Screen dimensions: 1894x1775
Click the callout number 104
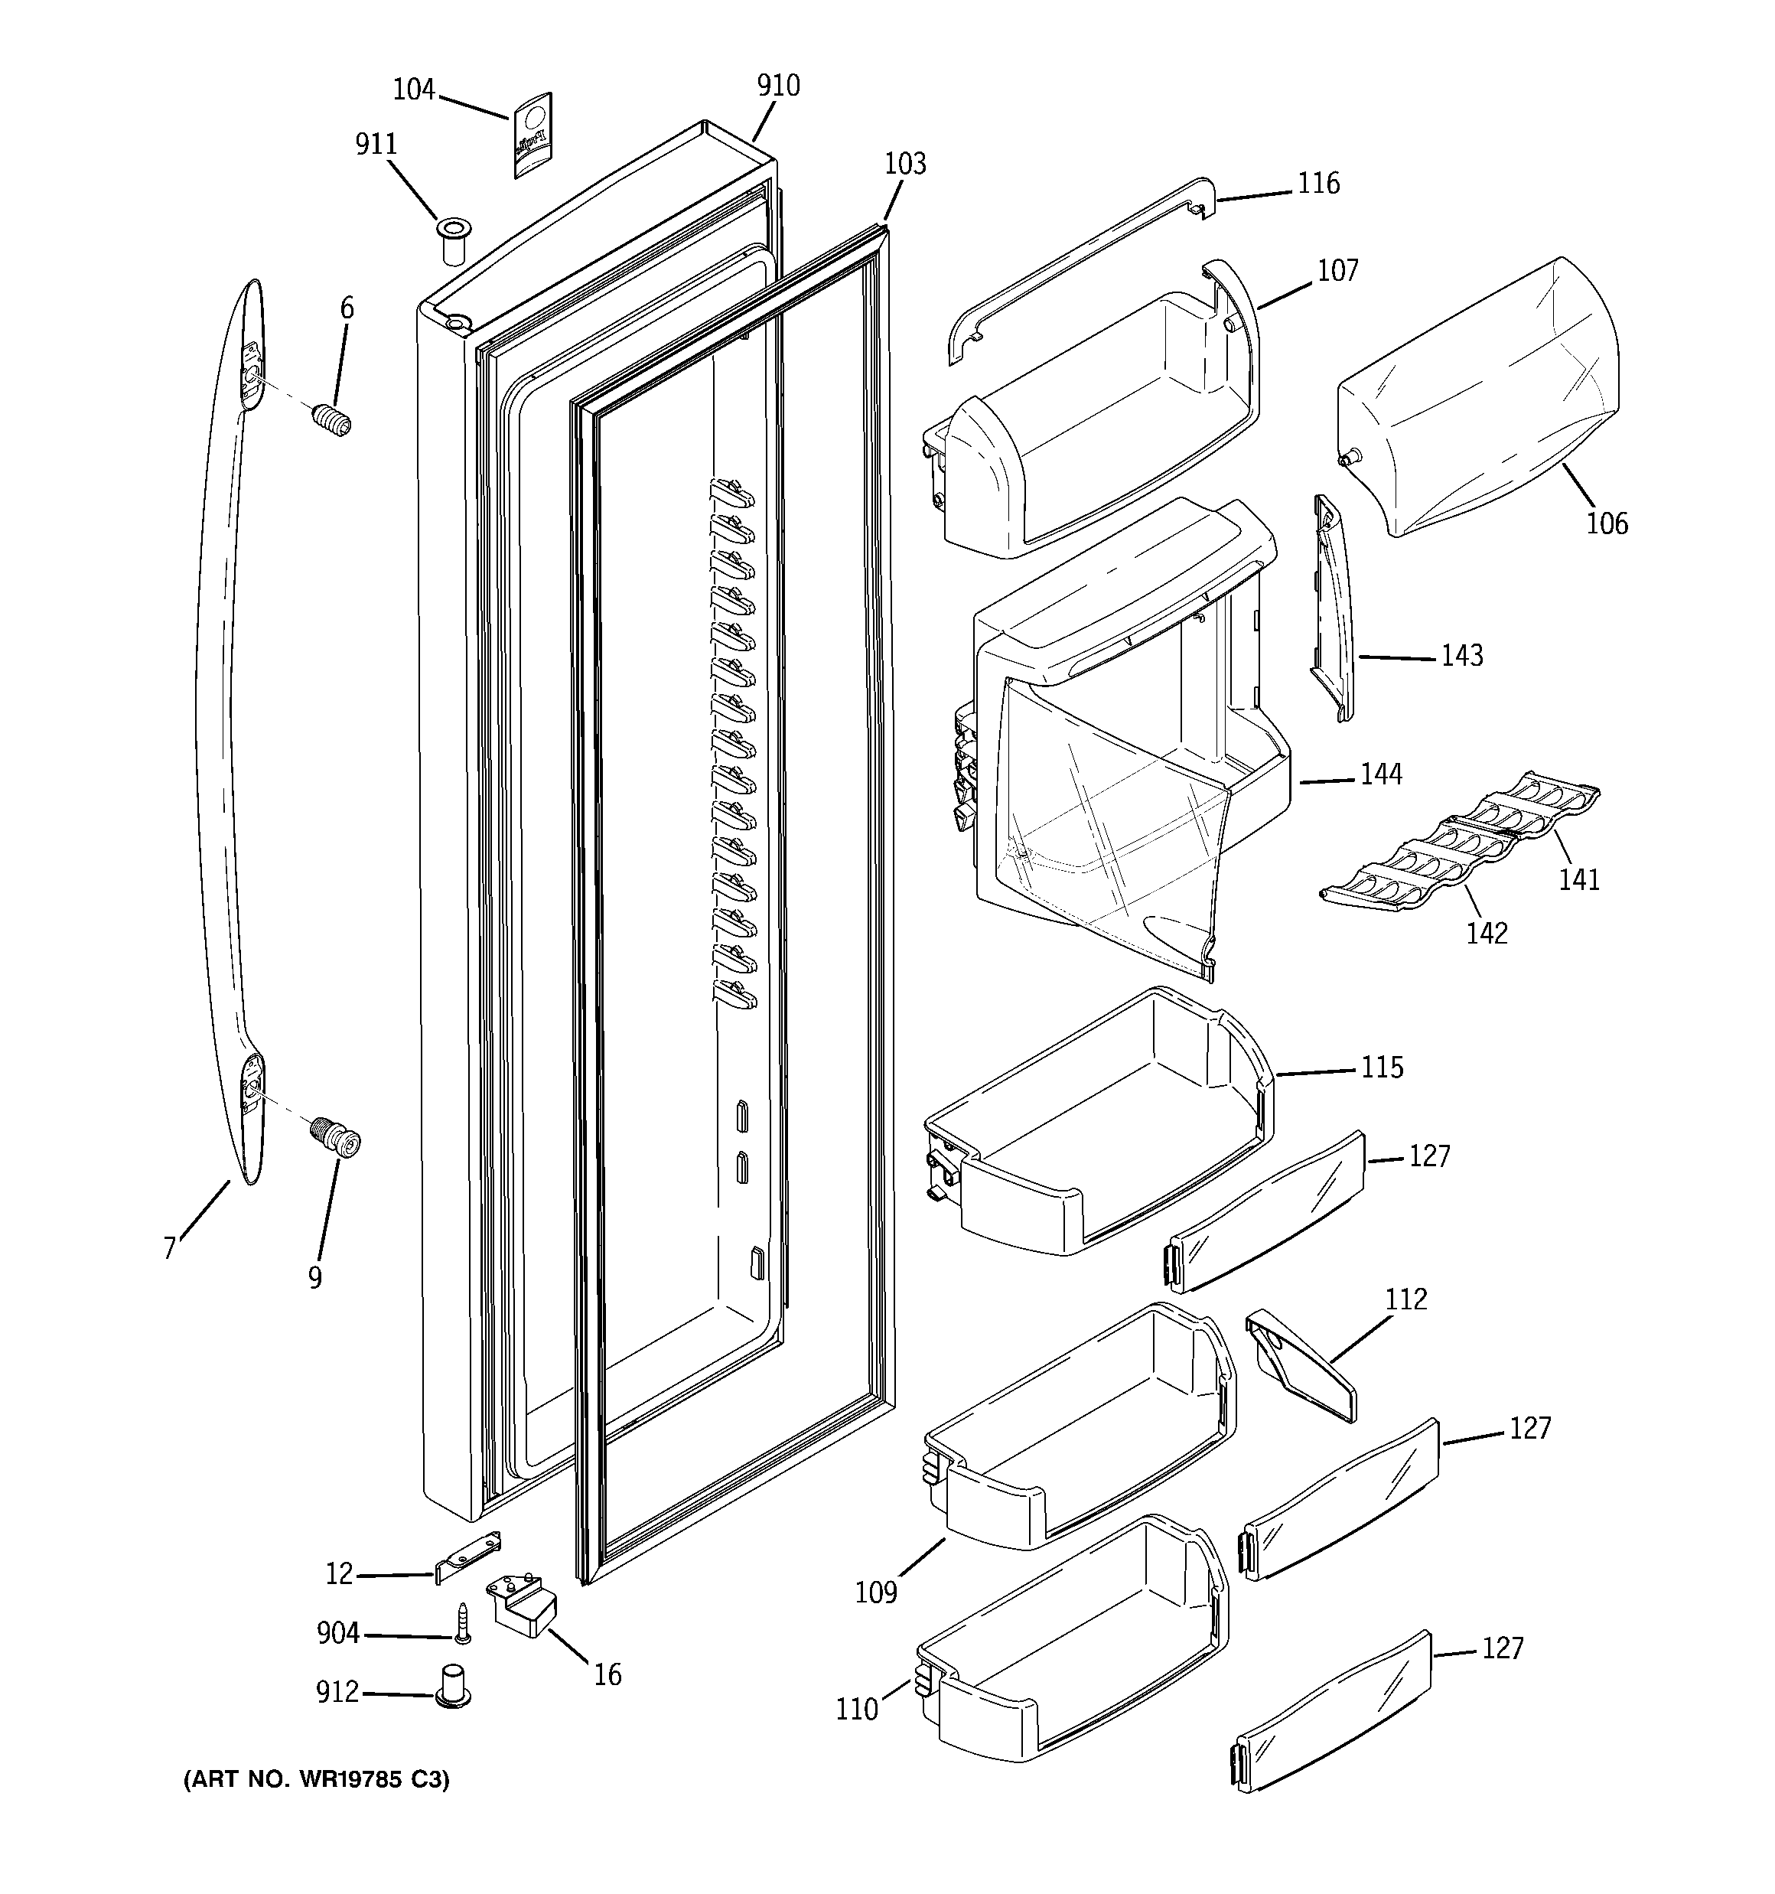click(413, 90)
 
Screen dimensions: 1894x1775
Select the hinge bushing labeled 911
click(454, 243)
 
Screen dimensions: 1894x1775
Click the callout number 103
click(904, 164)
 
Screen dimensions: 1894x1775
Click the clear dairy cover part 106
click(1487, 400)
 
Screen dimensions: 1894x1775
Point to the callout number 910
click(778, 86)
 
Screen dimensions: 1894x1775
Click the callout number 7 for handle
click(170, 1248)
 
